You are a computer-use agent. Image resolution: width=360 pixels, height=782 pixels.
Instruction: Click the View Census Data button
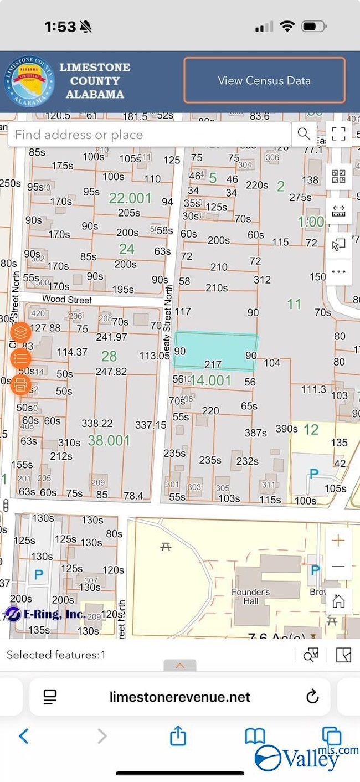264,80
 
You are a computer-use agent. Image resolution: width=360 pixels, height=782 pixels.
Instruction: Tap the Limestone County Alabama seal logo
29,81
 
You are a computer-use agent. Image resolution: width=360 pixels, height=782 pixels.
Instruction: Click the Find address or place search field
150,135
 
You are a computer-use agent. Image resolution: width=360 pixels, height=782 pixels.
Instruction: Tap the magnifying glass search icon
304,133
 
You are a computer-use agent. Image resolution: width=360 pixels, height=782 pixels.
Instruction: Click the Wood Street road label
68,300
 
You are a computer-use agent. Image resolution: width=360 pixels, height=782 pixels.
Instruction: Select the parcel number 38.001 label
109,441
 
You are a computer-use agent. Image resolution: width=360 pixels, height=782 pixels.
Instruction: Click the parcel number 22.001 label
130,198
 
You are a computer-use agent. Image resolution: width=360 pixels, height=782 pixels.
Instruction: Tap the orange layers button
20,333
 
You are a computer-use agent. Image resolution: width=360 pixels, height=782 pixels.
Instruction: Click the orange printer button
20,384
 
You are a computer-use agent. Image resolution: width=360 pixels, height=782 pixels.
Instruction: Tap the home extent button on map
338,600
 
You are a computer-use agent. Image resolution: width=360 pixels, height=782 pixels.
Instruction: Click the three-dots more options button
338,272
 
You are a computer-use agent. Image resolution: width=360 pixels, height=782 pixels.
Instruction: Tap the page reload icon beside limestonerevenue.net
312,696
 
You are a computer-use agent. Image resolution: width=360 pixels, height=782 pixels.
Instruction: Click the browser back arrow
23,736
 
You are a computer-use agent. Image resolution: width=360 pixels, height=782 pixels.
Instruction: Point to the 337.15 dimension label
151,425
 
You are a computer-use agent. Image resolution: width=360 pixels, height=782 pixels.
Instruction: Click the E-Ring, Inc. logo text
45,614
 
